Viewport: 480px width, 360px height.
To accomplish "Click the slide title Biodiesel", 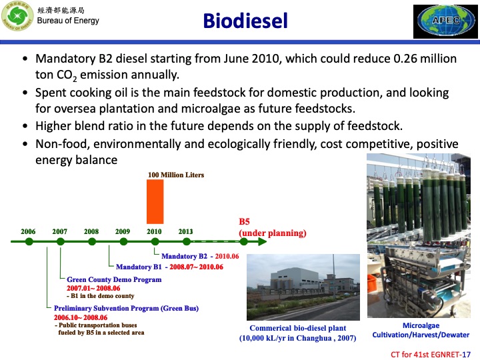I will [x=245, y=21].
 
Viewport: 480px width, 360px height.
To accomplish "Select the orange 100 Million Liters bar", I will [x=155, y=204].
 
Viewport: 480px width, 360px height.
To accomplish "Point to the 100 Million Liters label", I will [x=175, y=175].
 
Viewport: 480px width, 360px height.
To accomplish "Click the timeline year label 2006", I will [x=28, y=231].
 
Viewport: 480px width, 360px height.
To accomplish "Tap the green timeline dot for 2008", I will [x=91, y=242].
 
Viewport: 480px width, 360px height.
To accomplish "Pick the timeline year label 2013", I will [x=186, y=231].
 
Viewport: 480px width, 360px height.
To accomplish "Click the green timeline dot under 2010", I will [x=155, y=242].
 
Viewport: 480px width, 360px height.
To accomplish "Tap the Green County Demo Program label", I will [x=114, y=279].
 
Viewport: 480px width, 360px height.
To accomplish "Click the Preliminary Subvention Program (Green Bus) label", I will [x=126, y=308].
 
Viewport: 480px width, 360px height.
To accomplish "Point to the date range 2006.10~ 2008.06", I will [x=81, y=318].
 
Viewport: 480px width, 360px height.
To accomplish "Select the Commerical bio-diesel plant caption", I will [x=297, y=329].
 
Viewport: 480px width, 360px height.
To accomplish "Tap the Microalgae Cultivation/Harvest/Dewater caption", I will [x=420, y=329].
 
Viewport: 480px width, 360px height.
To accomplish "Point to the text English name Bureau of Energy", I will [x=68, y=21].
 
